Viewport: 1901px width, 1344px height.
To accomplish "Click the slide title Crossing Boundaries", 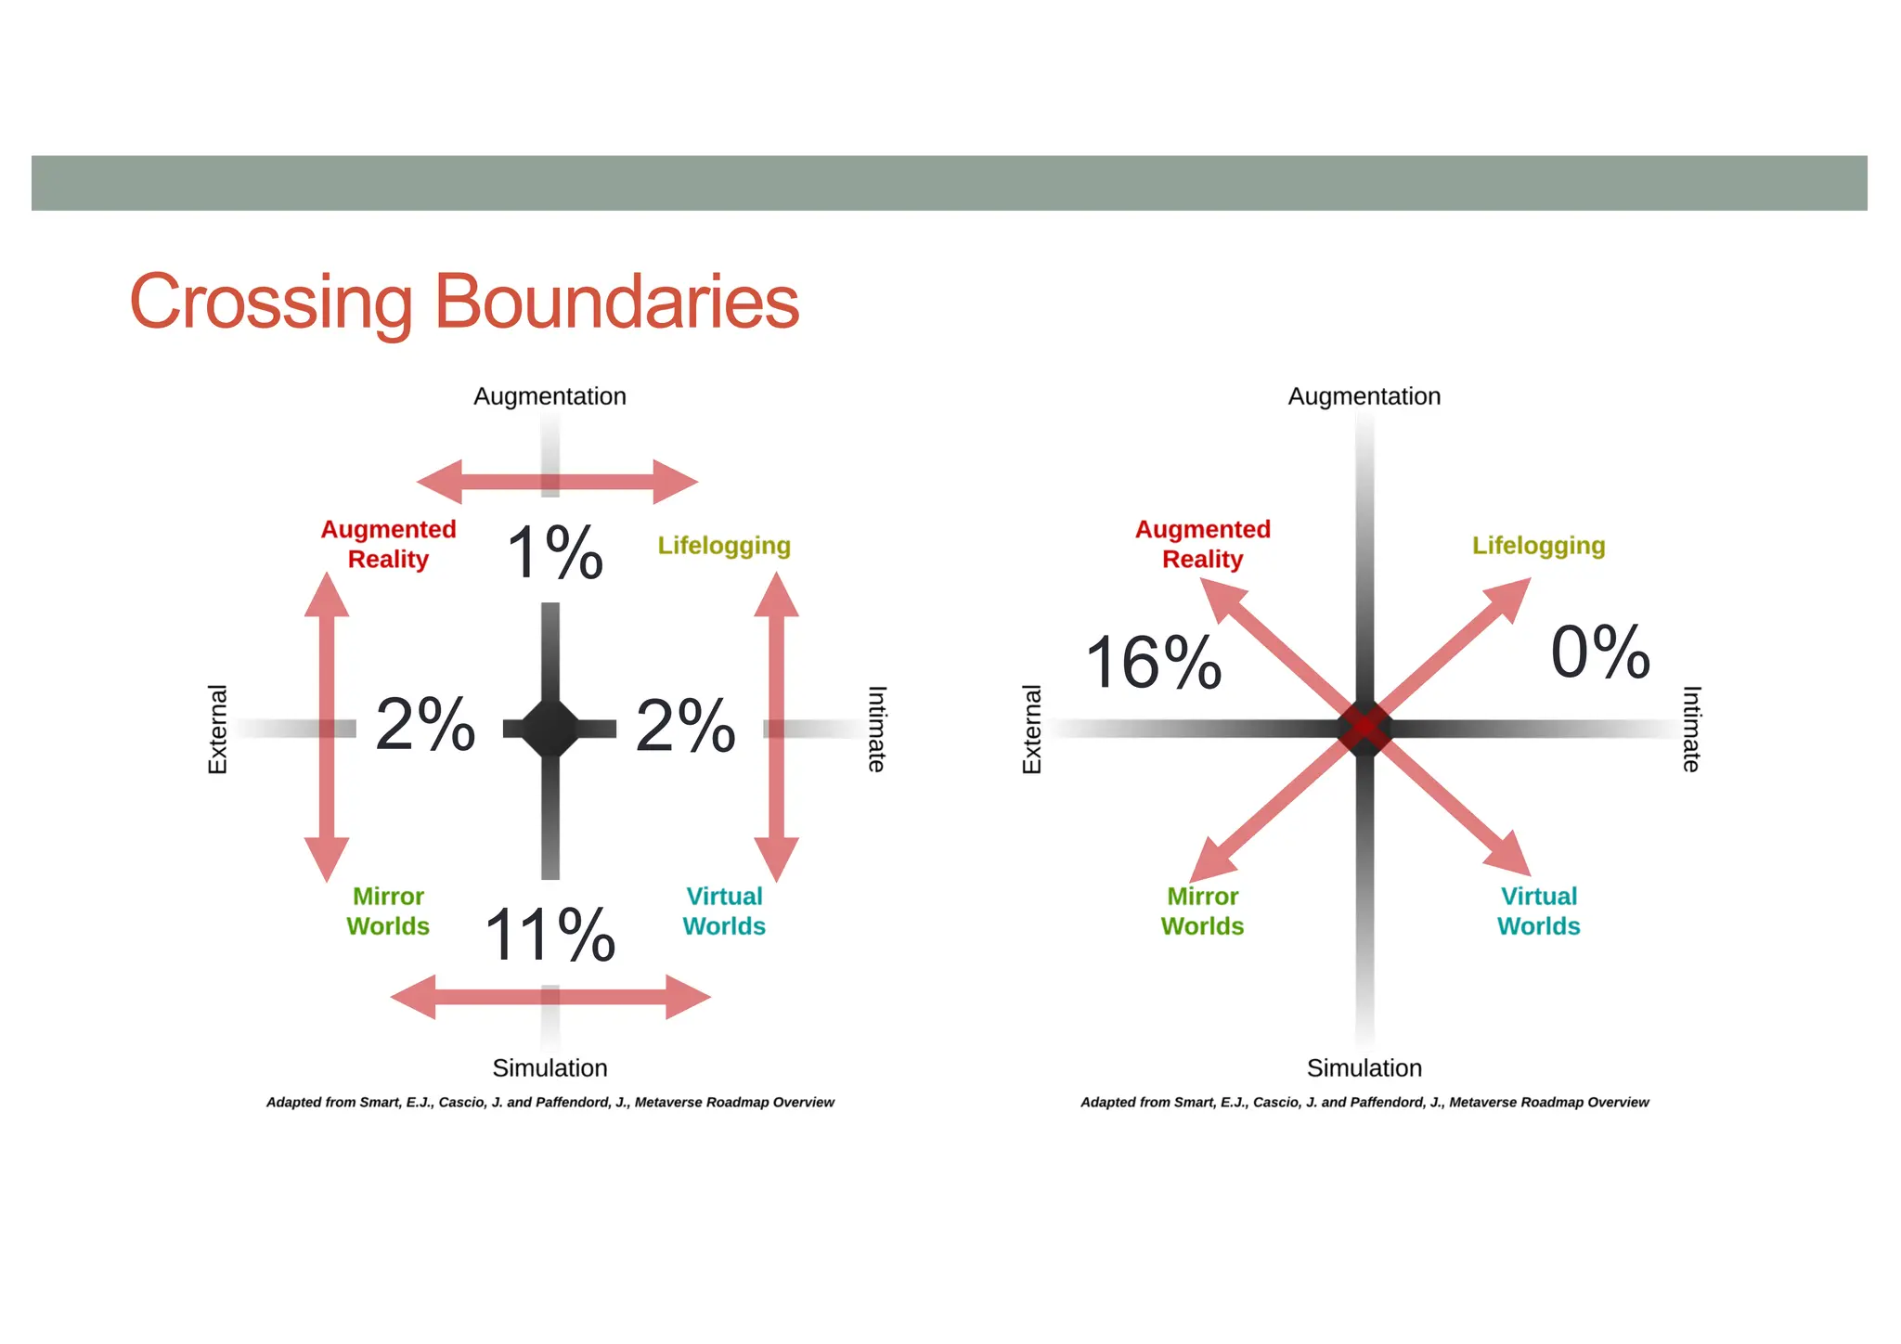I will coord(464,302).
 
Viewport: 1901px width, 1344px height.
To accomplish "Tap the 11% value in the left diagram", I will coord(550,935).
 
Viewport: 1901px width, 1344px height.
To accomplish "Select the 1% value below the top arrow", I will coord(555,553).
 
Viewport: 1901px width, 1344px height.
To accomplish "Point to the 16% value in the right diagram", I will coord(1153,663).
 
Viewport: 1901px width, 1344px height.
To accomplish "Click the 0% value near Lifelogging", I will coord(1600,652).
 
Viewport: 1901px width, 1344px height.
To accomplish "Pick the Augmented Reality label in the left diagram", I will coord(388,544).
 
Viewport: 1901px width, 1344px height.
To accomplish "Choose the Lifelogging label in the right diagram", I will coord(1538,546).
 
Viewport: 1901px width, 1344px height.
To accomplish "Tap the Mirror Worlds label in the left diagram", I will coord(388,911).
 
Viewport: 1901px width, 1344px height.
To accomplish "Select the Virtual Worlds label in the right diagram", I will coord(1538,911).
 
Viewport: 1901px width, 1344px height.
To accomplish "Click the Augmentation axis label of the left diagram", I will coord(550,396).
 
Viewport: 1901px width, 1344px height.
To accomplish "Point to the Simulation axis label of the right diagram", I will coord(1364,1068).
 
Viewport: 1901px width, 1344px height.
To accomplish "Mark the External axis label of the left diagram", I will coord(217,730).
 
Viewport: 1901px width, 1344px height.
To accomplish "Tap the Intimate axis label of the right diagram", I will coord(1692,730).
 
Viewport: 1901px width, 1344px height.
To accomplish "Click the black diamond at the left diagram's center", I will coord(550,729).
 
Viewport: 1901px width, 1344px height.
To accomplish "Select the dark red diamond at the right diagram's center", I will coord(1364,729).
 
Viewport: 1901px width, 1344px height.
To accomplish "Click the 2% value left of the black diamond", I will coord(425,724).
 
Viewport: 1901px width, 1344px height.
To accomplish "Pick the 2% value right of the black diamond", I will coord(685,725).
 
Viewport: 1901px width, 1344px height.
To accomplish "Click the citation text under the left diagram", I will coord(550,1103).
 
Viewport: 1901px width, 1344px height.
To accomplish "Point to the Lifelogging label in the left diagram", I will coord(724,546).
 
